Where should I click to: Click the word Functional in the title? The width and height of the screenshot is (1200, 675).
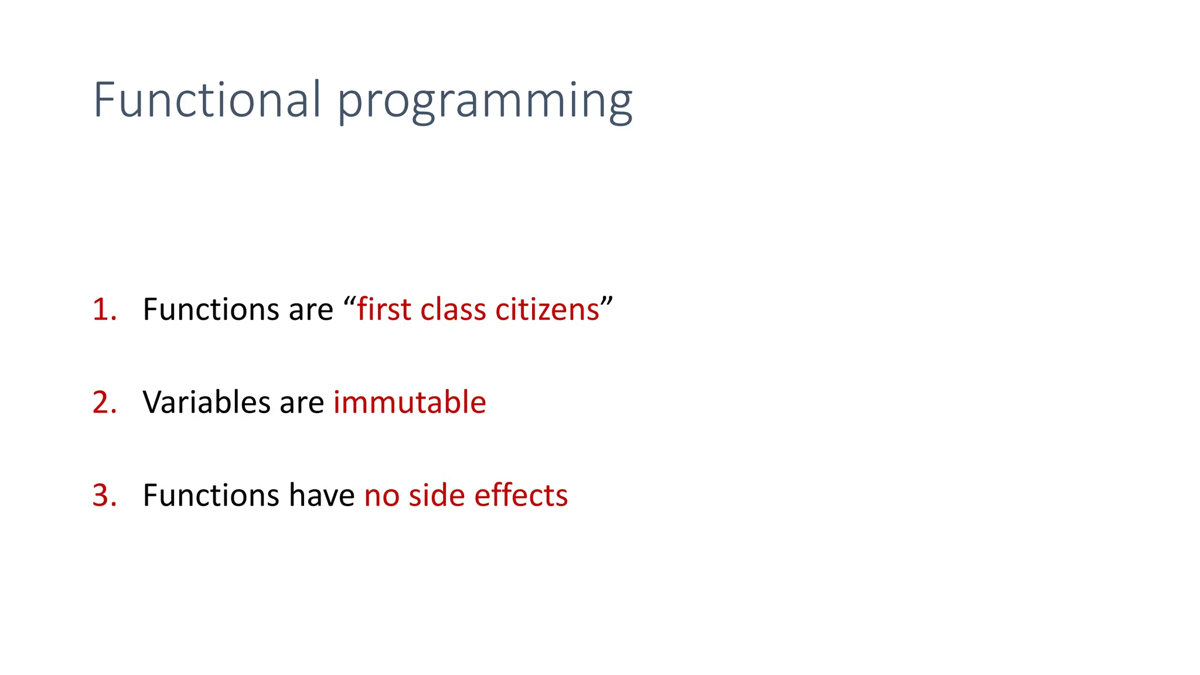206,100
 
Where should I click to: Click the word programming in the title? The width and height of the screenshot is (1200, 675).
485,103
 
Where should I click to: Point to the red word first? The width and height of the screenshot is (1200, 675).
384,309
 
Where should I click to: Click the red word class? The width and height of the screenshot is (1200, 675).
453,309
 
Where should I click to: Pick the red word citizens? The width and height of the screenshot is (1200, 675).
547,309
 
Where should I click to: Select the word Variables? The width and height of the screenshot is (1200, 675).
206,403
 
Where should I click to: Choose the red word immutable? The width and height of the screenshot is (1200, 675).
410,403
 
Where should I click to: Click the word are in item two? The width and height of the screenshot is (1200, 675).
301,404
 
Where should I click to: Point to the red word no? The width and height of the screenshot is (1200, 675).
381,497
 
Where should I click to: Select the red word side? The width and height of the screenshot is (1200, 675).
437,495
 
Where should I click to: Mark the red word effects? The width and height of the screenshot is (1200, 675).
521,495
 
